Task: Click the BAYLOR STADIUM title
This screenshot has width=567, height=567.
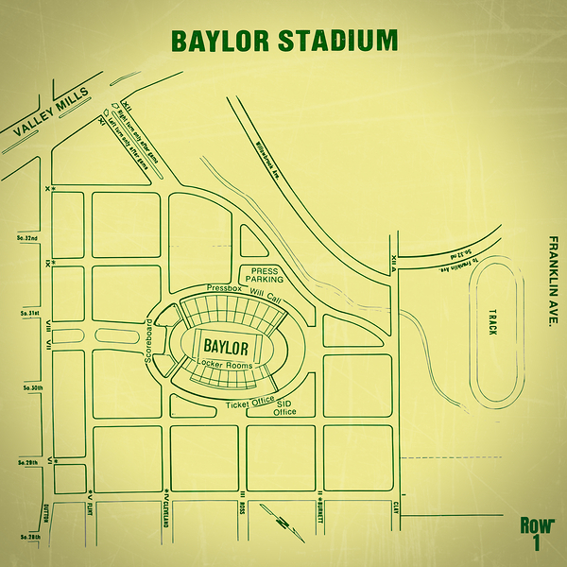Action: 283,42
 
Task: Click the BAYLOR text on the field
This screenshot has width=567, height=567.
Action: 226,346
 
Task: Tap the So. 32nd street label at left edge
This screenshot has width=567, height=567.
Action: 25,238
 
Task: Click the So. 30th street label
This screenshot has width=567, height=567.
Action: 25,387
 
